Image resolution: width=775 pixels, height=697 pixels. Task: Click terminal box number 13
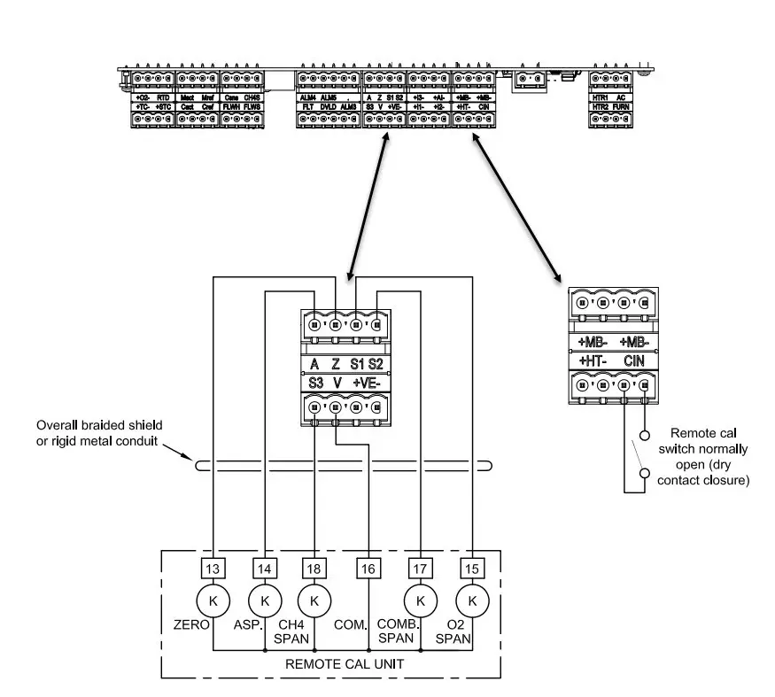coord(213,568)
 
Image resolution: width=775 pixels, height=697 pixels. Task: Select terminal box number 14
coord(264,568)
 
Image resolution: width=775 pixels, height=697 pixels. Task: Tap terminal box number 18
coord(314,568)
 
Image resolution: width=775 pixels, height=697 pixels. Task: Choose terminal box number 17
coord(420,568)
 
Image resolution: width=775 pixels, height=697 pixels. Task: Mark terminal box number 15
coord(472,568)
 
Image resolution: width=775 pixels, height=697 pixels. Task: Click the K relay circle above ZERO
coord(213,600)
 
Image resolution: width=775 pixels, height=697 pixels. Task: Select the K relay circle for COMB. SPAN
coord(420,600)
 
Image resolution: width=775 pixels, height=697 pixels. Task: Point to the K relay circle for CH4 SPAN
coord(314,600)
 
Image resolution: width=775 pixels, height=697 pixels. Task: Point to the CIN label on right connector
coord(633,360)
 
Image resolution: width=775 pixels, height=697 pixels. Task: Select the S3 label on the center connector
coord(316,383)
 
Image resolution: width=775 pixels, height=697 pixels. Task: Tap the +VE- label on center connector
coord(368,383)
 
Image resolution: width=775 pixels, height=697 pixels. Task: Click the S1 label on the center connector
coord(356,364)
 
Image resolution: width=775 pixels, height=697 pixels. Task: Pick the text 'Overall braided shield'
coord(98,426)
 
